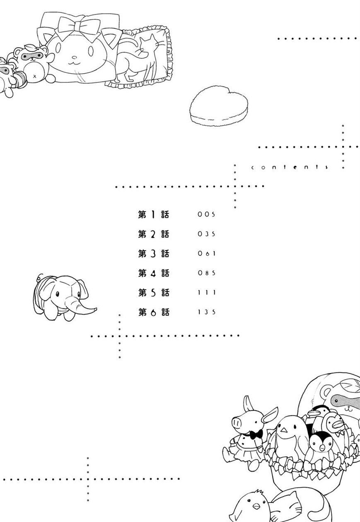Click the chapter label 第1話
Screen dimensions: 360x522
153,214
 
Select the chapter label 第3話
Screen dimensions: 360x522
153,253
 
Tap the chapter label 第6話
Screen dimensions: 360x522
153,312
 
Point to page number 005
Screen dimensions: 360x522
206,214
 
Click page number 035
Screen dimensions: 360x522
206,234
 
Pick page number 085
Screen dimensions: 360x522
206,273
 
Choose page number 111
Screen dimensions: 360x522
207,292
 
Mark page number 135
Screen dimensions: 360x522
207,312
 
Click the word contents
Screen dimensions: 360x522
290,167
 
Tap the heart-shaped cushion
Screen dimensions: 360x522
219,106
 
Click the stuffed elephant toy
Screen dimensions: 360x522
64,297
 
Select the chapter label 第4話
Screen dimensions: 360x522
153,273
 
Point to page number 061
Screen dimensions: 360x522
206,253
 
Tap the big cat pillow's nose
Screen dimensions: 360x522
74,57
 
